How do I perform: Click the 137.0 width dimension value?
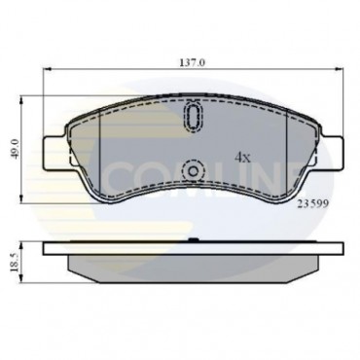194,60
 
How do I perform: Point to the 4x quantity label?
242,155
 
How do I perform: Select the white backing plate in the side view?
194,244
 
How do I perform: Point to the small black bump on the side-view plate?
194,238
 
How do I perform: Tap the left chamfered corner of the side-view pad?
68,269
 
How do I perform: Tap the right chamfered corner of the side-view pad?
321,269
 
